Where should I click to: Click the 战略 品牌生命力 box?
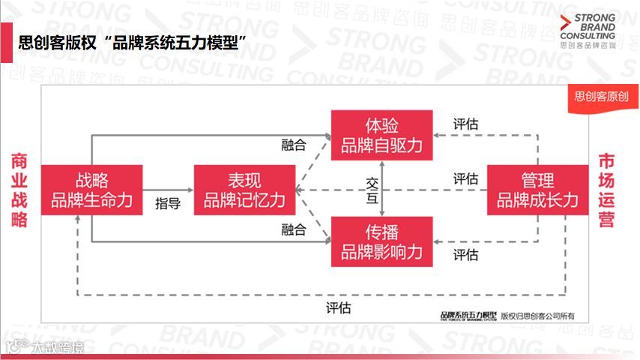(91, 190)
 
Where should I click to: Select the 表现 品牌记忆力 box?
(244, 190)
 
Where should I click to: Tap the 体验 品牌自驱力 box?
(382, 136)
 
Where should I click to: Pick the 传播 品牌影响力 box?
(382, 241)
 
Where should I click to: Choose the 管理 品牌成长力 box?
(537, 190)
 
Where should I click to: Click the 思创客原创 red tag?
(601, 96)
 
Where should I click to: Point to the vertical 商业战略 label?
(19, 190)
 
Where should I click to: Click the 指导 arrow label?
(168, 203)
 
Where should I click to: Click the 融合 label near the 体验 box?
(294, 145)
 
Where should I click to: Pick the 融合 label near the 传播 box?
(294, 229)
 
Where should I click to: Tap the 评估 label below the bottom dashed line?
(338, 307)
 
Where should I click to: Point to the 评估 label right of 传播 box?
(465, 255)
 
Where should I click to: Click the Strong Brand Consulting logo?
(588, 31)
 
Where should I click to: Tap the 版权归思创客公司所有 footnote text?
(543, 316)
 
